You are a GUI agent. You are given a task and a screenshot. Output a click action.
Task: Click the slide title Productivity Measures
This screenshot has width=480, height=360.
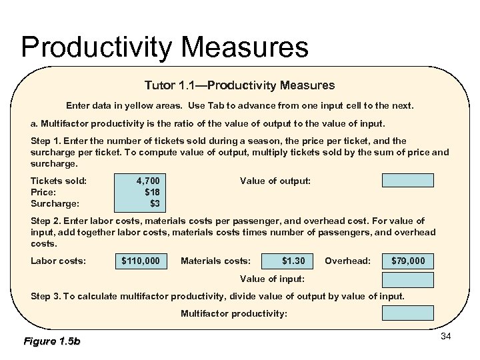click(165, 47)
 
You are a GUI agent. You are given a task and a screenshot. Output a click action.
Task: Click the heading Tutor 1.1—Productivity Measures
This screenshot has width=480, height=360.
click(239, 85)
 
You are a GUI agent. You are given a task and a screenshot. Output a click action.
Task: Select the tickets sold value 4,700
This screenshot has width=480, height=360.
click(148, 180)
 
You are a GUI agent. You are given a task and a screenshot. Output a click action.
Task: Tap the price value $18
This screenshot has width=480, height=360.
click(152, 191)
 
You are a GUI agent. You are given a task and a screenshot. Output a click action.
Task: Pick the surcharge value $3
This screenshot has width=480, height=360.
click(155, 203)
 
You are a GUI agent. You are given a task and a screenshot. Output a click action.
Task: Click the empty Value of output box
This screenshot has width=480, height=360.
click(407, 180)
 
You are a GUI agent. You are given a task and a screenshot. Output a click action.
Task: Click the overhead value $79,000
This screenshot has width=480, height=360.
click(407, 261)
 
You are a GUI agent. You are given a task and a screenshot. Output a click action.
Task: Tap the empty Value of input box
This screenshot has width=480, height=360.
click(407, 279)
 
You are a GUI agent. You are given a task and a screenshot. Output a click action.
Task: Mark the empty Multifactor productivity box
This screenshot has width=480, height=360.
click(407, 313)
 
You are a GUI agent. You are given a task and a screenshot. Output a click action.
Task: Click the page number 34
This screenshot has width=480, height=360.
click(446, 336)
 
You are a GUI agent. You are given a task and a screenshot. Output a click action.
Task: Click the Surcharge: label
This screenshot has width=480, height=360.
click(55, 203)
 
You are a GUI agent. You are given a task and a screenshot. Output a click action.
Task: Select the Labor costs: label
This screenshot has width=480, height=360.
click(58, 261)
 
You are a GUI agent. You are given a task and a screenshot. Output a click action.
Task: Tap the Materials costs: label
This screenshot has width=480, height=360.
click(215, 261)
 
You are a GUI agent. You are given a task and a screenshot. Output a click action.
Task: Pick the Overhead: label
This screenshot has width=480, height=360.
click(347, 261)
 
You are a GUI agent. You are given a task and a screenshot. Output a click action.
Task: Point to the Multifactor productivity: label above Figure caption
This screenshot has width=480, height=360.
click(234, 313)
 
